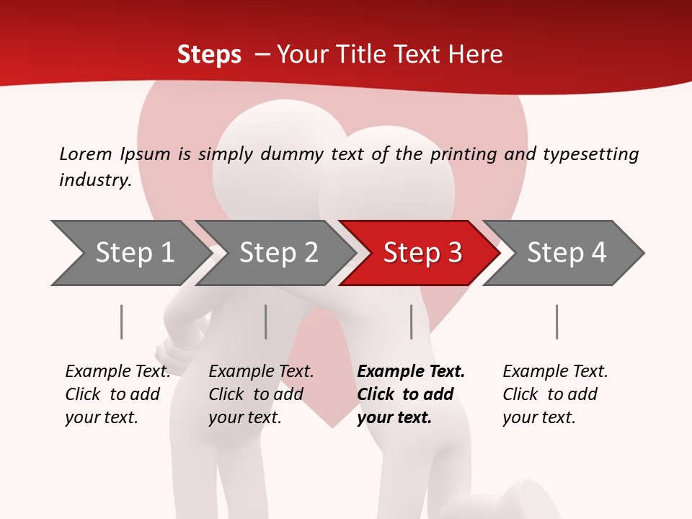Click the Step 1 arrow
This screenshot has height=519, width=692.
[x=130, y=253]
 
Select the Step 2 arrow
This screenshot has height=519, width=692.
[x=278, y=253]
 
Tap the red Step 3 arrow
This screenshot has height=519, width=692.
[x=422, y=253]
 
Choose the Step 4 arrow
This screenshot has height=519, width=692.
[x=566, y=253]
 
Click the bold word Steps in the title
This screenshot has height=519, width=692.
[x=209, y=55]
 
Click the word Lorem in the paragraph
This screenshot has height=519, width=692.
[x=86, y=154]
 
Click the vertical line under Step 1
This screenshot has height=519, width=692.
[x=122, y=321]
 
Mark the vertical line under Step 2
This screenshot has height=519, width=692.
[x=266, y=321]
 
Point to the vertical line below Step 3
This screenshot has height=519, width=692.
[x=412, y=321]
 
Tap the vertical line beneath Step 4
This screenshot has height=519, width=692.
[x=557, y=321]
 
